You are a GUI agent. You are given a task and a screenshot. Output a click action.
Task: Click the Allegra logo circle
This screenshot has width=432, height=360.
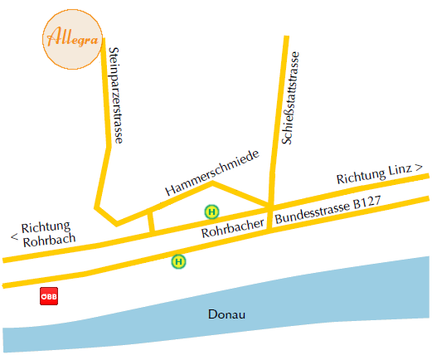(x=72, y=39)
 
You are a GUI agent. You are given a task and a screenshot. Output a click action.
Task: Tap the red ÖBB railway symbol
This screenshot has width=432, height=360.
(x=49, y=296)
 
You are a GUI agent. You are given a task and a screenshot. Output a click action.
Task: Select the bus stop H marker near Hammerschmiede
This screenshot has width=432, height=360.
(x=211, y=212)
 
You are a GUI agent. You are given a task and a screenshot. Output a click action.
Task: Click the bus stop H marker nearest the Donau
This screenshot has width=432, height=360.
(x=178, y=261)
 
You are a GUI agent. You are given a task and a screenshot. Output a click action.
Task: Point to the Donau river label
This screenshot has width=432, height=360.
(x=226, y=314)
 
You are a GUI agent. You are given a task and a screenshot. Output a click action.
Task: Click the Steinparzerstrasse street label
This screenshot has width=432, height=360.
(x=116, y=95)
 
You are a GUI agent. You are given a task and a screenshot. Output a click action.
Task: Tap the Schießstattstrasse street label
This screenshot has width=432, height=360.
(x=290, y=98)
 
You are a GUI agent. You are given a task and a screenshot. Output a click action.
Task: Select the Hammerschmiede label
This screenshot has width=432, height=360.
(x=212, y=173)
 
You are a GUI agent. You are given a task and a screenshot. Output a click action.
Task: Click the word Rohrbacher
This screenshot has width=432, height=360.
(x=233, y=228)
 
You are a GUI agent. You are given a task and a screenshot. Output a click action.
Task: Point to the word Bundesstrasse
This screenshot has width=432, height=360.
(x=313, y=213)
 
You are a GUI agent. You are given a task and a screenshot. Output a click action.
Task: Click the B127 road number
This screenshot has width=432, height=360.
(x=367, y=202)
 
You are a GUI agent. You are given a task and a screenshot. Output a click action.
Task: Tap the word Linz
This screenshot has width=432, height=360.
(x=400, y=169)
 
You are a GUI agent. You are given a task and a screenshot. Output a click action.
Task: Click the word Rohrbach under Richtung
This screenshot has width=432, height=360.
(x=49, y=240)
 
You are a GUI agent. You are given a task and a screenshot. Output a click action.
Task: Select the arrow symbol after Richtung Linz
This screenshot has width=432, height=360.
(x=419, y=167)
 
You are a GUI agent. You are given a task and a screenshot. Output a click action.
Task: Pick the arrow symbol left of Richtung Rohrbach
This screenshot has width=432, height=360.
(x=15, y=236)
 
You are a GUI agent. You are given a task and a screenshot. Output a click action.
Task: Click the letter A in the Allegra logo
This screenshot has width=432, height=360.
(x=55, y=36)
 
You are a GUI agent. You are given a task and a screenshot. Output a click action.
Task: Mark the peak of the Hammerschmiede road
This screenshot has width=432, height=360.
(x=212, y=182)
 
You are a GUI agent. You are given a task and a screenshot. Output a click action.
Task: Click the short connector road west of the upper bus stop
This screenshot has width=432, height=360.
(x=151, y=221)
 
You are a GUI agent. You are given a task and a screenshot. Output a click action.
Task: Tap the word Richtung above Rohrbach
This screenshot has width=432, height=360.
(x=46, y=227)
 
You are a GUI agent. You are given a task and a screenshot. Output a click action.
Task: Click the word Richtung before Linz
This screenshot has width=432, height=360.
(x=361, y=177)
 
